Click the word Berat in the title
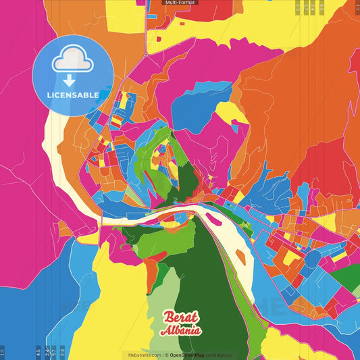coord(180,318)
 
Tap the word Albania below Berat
coord(180,331)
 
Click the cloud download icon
coord(72,61)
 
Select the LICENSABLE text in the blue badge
coord(72,95)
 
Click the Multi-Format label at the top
coord(180,3)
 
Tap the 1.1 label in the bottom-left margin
coord(3,352)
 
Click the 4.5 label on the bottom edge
coord(38,352)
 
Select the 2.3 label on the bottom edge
coord(63,352)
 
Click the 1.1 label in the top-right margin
coord(356,7)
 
